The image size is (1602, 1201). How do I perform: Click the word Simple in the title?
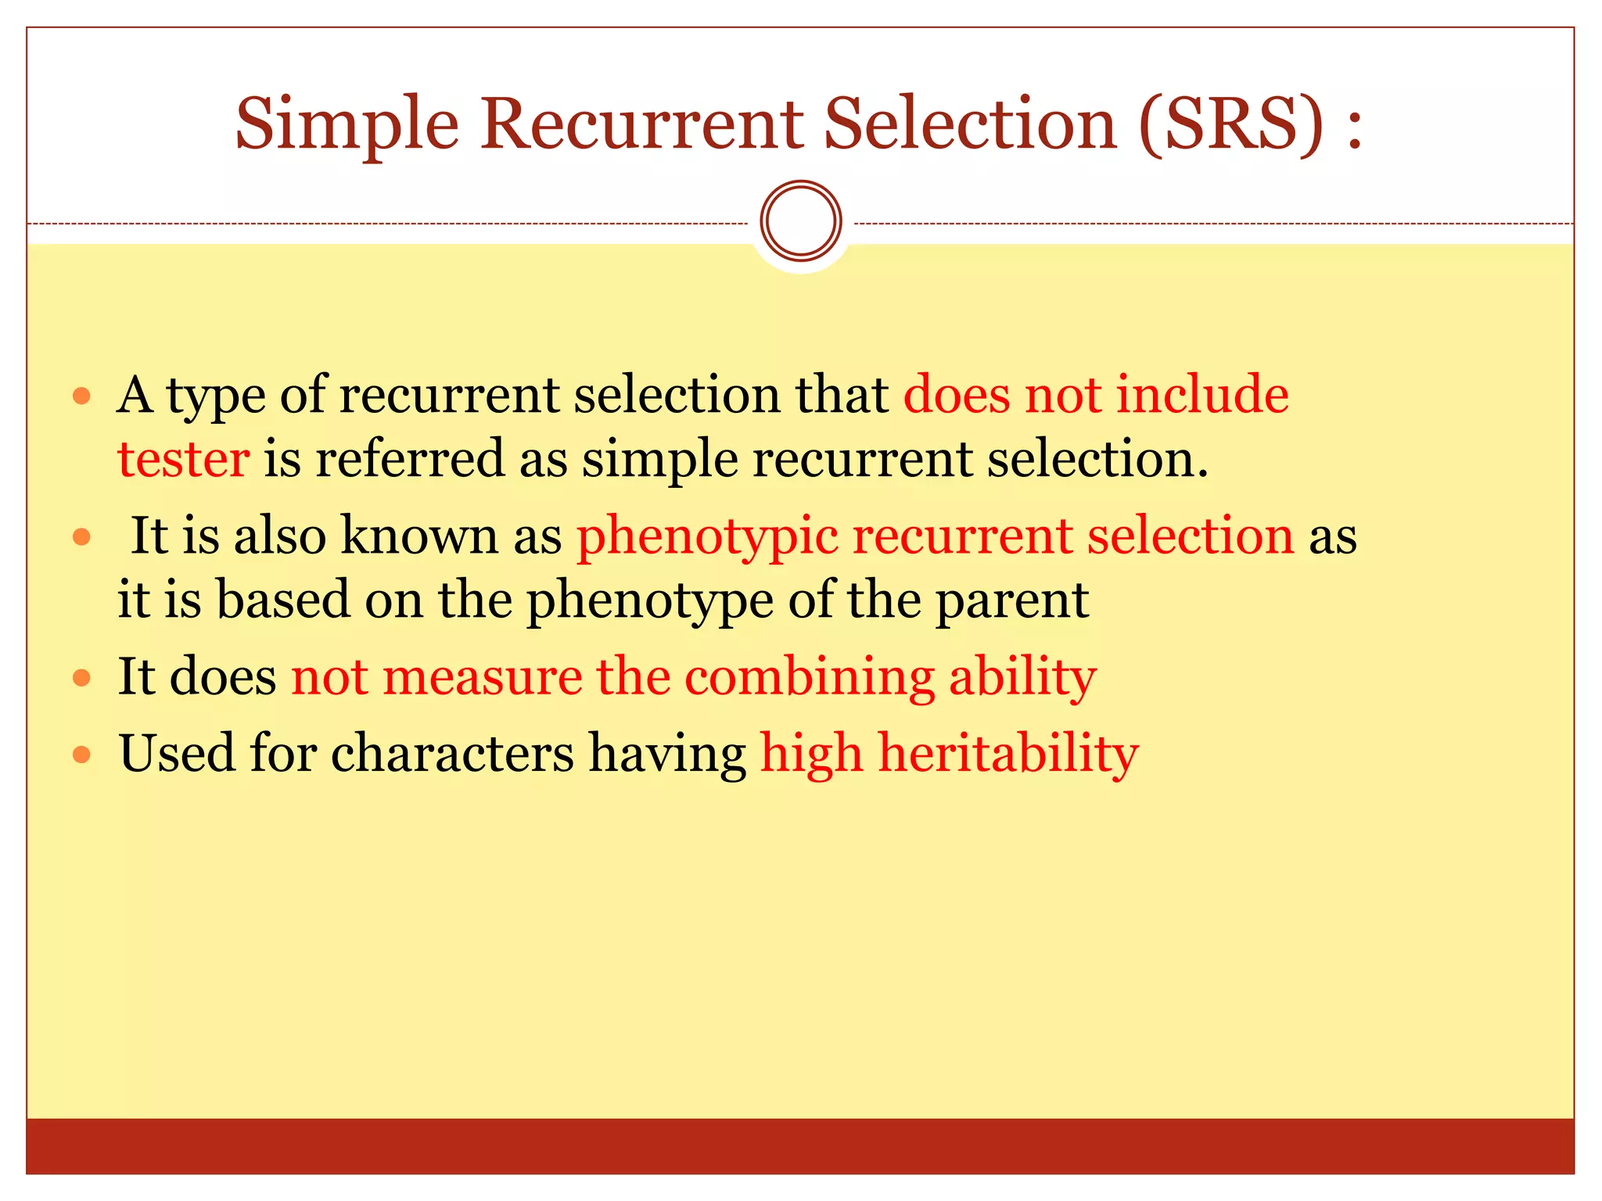347,125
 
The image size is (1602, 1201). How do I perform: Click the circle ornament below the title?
800,220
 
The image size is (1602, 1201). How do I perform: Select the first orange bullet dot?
82,396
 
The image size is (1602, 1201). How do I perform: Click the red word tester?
183,459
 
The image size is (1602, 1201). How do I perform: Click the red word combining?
810,677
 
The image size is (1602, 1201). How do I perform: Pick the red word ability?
1022,677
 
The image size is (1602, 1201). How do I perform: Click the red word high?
811,755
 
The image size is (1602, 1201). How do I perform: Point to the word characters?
453,754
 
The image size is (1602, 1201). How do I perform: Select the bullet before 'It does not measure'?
82,677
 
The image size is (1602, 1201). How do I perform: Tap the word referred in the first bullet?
410,459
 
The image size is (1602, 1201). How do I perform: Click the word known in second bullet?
419,536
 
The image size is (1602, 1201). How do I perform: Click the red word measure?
482,677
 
